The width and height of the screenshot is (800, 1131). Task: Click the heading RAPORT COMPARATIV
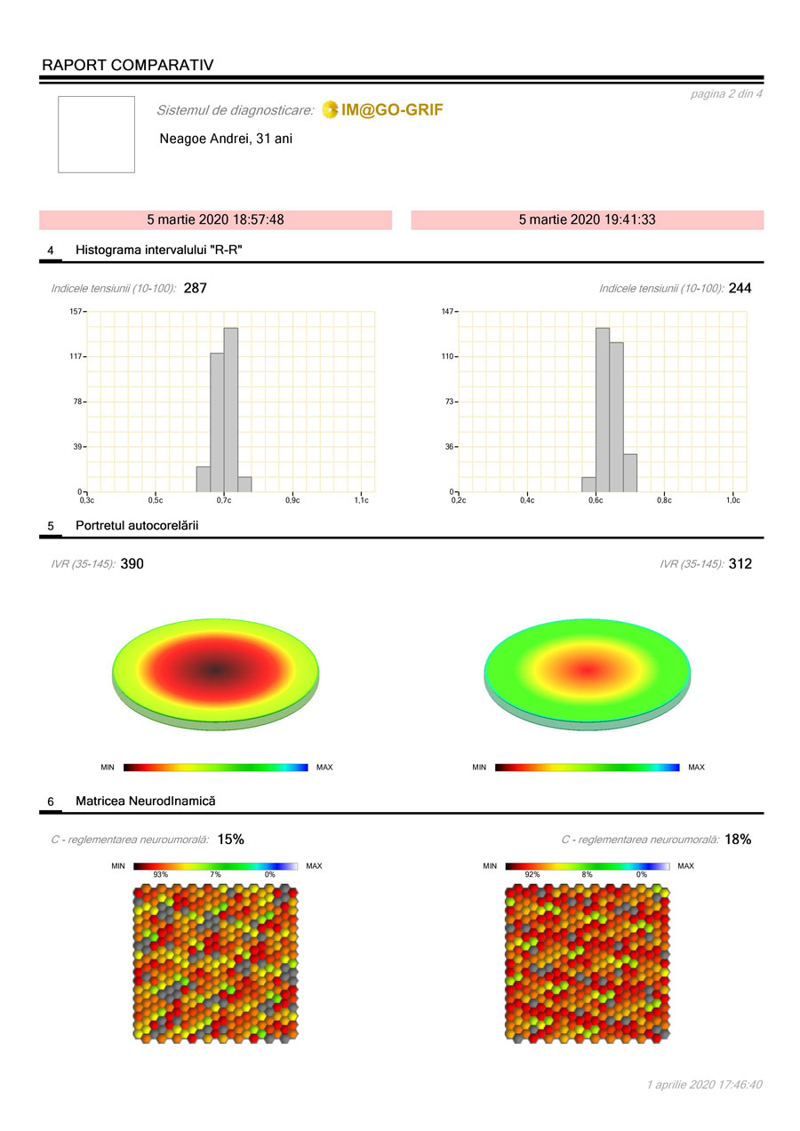(x=127, y=65)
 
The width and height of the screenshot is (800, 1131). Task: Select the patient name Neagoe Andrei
(x=226, y=139)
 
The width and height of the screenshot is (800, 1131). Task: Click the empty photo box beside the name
(x=96, y=134)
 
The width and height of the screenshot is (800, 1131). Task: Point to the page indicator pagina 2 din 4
(x=725, y=93)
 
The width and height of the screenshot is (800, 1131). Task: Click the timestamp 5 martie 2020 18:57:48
(x=215, y=219)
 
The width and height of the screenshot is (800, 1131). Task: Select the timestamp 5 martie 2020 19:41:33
(x=587, y=219)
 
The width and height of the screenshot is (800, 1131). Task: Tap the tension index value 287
(x=195, y=288)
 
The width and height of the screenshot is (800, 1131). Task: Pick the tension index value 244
(x=740, y=288)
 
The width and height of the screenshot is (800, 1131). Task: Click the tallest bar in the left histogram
(x=230, y=409)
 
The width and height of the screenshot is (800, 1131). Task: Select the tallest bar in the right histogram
(x=602, y=409)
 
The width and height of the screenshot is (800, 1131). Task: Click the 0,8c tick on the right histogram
(x=664, y=500)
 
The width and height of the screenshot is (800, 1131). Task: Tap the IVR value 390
(x=132, y=563)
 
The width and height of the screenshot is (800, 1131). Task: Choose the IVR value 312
(x=740, y=563)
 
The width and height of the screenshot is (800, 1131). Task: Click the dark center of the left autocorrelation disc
(x=216, y=668)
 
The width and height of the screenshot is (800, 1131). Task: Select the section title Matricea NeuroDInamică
(x=145, y=801)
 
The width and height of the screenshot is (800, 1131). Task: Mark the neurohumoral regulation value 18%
(x=738, y=839)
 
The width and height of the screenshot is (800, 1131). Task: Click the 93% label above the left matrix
(x=160, y=875)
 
